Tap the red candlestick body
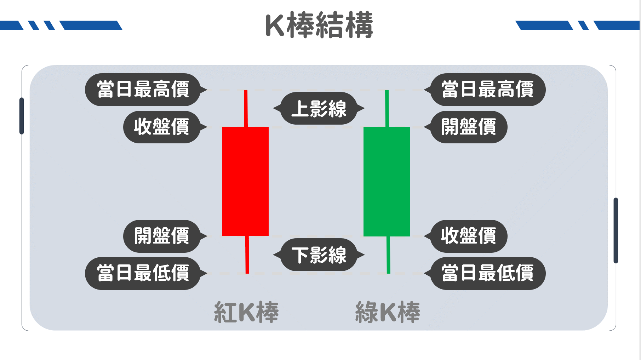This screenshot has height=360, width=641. pyautogui.click(x=245, y=181)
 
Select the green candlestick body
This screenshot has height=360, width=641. pyautogui.click(x=387, y=181)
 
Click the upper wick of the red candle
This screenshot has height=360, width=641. pyautogui.click(x=246, y=108)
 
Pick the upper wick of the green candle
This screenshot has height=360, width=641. pyautogui.click(x=387, y=108)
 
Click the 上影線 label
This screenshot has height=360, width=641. pyautogui.click(x=319, y=108)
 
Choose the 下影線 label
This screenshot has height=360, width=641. pyautogui.click(x=319, y=255)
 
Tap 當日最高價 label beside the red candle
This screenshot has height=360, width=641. pyautogui.click(x=143, y=89)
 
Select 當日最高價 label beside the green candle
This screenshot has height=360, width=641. pyautogui.click(x=487, y=89)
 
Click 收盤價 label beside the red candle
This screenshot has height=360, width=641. pyautogui.click(x=162, y=127)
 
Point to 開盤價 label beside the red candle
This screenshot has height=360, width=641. pyautogui.click(x=162, y=236)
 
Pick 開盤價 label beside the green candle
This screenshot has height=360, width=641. pyautogui.click(x=469, y=127)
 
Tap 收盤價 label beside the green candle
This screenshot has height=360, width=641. pyautogui.click(x=469, y=236)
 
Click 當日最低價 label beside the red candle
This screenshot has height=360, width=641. pyautogui.click(x=143, y=273)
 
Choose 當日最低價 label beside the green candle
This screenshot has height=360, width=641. pyautogui.click(x=487, y=273)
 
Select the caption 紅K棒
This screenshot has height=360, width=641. pyautogui.click(x=246, y=312)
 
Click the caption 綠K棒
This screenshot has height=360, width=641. pyautogui.click(x=388, y=312)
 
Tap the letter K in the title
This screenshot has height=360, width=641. pyautogui.click(x=275, y=25)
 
